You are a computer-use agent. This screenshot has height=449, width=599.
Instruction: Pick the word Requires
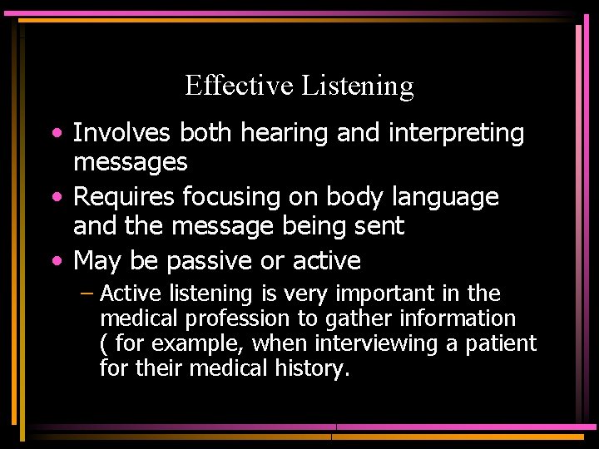point(124,198)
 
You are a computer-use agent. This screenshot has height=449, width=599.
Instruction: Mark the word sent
point(381,225)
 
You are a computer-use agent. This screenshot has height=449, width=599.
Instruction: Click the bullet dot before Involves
point(56,134)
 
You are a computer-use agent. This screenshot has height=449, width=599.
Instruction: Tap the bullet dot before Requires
point(56,198)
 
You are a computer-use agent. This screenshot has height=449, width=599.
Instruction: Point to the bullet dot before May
point(56,262)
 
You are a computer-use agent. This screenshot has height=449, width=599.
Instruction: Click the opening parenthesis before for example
point(103,343)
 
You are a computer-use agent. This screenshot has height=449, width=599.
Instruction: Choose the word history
point(306,368)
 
